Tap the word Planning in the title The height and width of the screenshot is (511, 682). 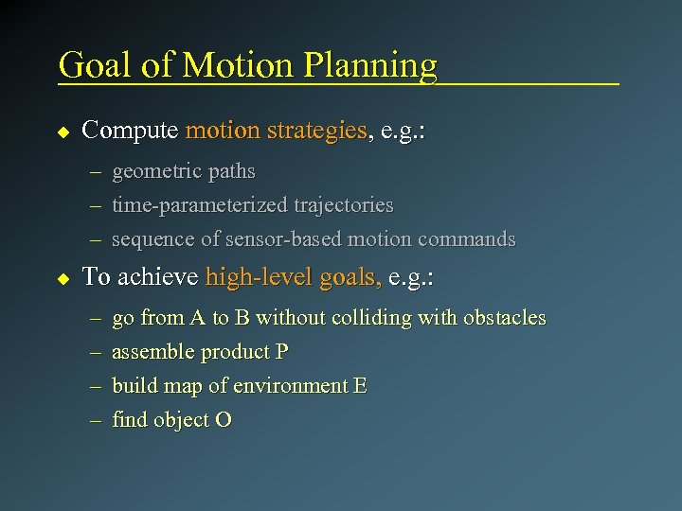pos(370,66)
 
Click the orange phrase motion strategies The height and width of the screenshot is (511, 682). pos(277,131)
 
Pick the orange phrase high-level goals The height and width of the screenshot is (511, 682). pos(294,277)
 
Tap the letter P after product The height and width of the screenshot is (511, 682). pos(281,352)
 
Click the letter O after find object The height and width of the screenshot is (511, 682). pos(224,420)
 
